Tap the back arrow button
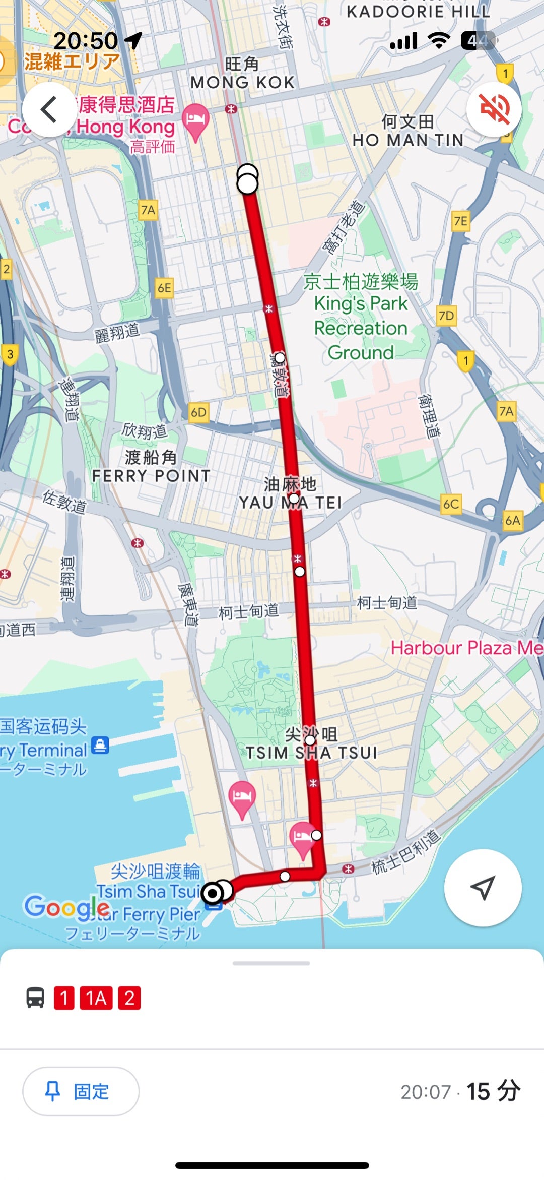click(x=49, y=109)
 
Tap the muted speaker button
click(x=494, y=109)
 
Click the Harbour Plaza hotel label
click(x=466, y=648)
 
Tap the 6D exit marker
click(x=198, y=413)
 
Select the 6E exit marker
click(x=164, y=288)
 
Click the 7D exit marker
click(x=446, y=316)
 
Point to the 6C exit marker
click(x=451, y=504)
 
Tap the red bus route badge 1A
click(x=96, y=998)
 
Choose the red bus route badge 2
click(x=129, y=998)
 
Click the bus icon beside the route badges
click(x=35, y=998)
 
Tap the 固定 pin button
click(x=81, y=1091)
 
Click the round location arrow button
click(x=483, y=888)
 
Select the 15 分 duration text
click(x=493, y=1091)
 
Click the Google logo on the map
click(x=67, y=907)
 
